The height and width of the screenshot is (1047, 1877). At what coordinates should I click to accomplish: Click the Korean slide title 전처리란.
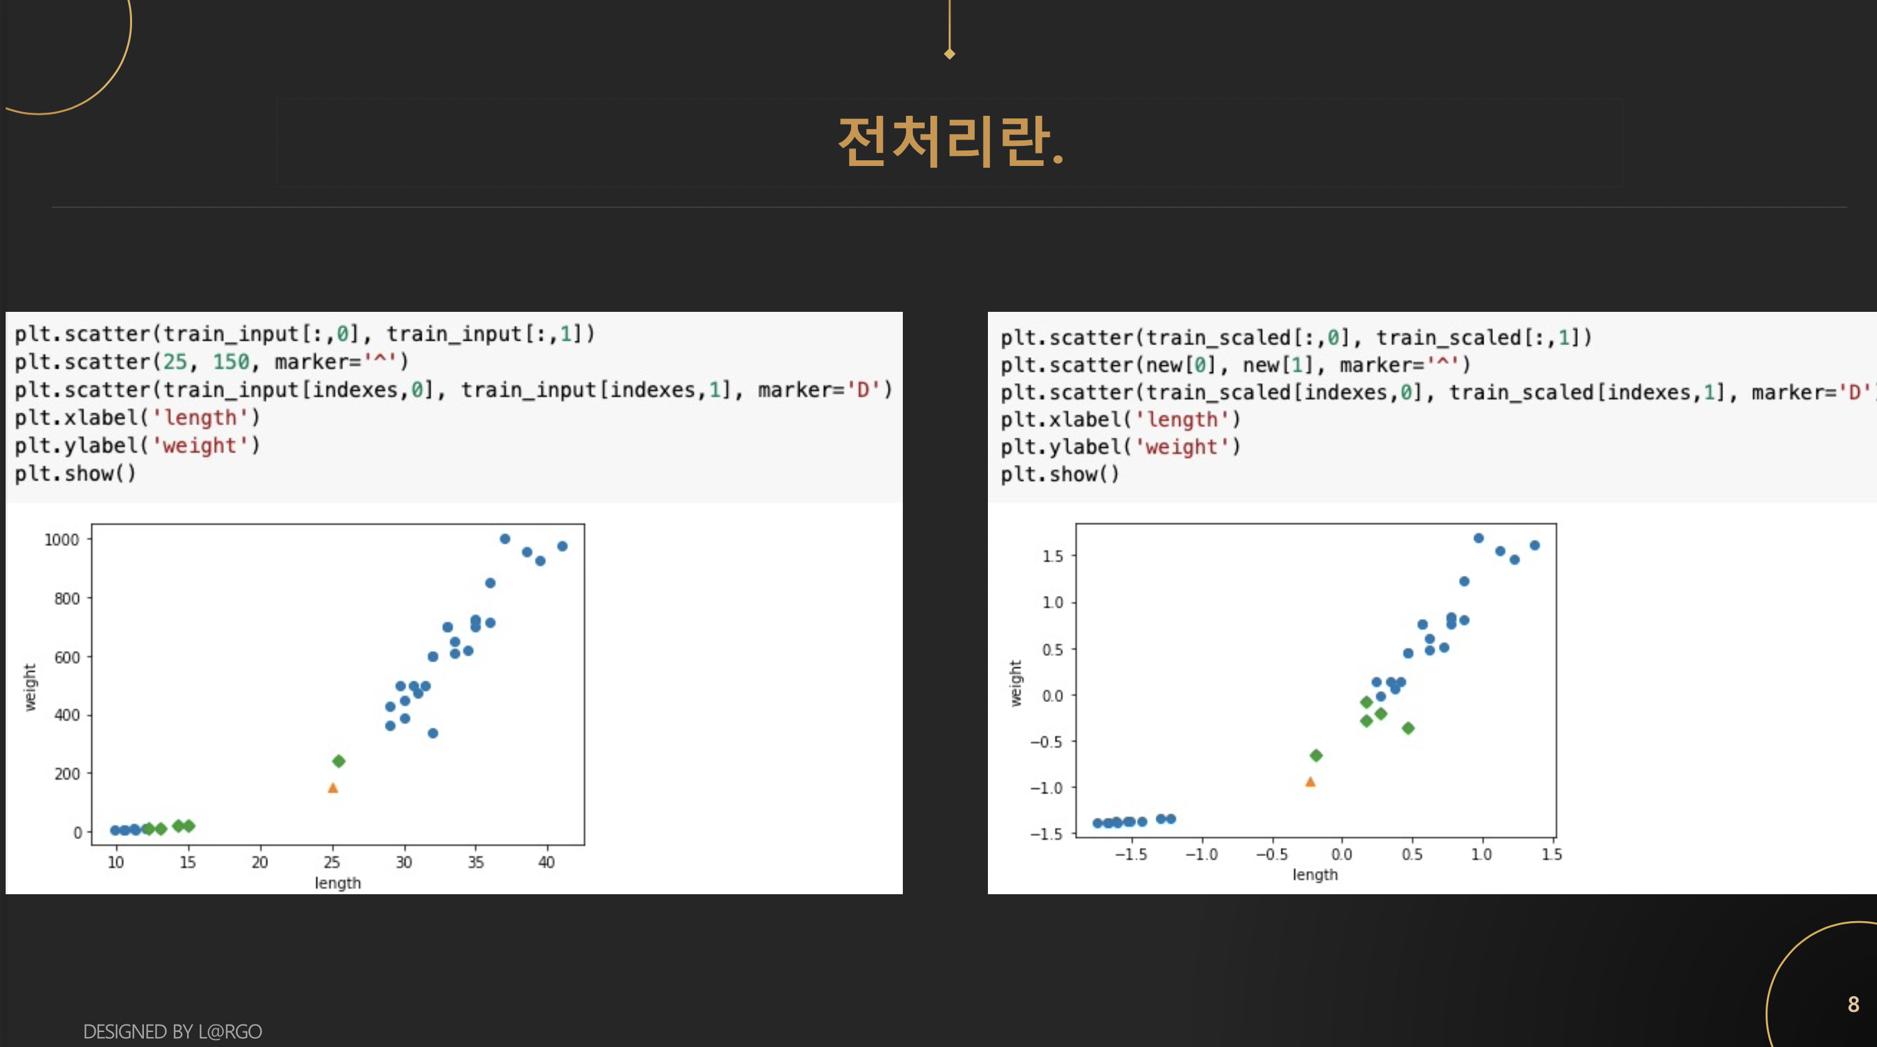pos(950,142)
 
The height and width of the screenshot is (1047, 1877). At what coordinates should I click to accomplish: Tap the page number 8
pos(1853,1004)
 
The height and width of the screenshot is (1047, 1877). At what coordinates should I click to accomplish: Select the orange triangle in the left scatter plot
pos(333,787)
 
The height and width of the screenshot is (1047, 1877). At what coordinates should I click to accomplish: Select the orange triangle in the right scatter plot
pos(1310,781)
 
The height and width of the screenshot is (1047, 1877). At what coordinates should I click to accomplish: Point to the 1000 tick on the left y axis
pos(62,540)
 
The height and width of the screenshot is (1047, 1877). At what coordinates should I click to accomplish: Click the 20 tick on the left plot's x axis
pos(260,862)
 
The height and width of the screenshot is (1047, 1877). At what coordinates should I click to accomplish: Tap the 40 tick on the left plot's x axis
pos(546,862)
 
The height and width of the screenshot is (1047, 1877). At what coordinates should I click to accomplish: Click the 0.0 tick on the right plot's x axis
pos(1341,855)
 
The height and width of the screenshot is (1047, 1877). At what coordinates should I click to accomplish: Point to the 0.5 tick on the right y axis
pos(1053,649)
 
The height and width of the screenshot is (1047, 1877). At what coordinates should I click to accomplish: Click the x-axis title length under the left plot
pos(338,883)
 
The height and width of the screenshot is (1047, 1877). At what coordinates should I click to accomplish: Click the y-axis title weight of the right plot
pos(1015,683)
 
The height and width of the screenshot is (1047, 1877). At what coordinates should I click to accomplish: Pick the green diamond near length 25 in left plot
pos(339,761)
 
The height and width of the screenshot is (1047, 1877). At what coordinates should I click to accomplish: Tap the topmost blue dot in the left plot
pos(505,539)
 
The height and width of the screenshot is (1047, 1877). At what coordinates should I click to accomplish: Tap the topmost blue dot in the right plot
pos(1478,538)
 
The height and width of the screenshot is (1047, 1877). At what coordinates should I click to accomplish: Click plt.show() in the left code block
pos(75,474)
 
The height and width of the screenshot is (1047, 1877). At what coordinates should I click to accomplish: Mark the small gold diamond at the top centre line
pos(949,54)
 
